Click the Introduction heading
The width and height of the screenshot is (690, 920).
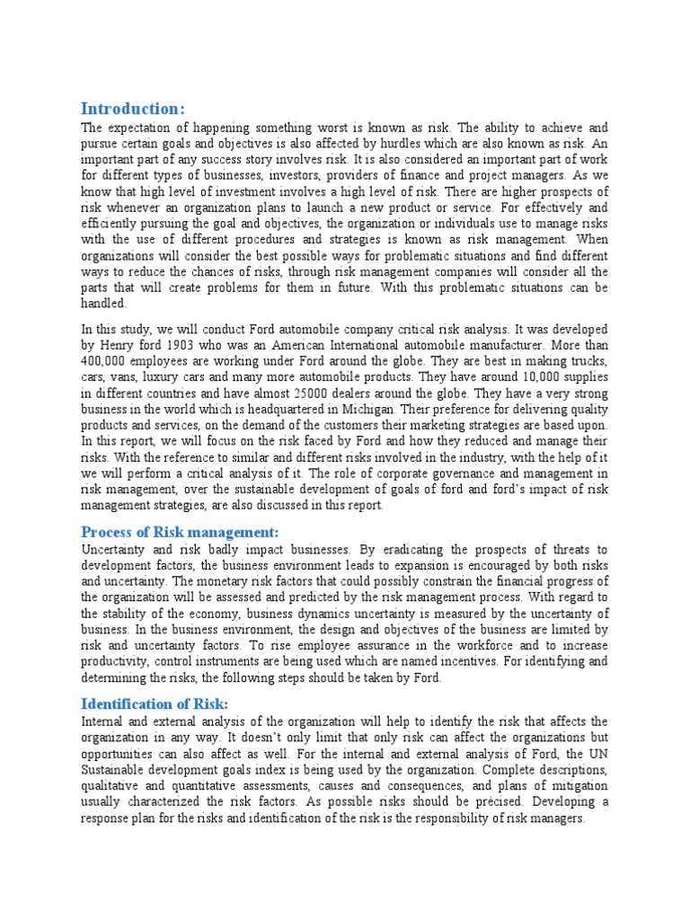pyautogui.click(x=133, y=109)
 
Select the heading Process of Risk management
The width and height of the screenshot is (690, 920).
pyautogui.click(x=181, y=531)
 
